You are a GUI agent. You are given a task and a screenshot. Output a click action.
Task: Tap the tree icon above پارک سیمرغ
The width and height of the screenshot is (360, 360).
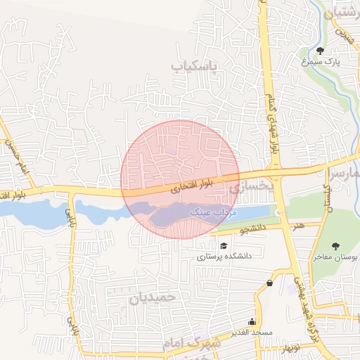[321, 50]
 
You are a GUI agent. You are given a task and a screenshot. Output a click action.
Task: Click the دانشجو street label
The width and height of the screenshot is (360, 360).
[253, 229]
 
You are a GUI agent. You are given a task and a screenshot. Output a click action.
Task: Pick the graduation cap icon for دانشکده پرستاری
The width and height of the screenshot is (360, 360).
[224, 245]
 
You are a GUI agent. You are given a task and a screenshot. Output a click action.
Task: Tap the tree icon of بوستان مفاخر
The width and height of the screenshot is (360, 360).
[335, 245]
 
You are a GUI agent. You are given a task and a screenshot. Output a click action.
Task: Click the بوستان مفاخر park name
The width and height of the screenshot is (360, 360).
[336, 258]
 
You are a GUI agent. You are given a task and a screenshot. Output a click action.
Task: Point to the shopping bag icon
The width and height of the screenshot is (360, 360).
[270, 283]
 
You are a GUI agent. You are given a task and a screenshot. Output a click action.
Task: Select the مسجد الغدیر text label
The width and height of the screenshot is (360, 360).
[253, 332]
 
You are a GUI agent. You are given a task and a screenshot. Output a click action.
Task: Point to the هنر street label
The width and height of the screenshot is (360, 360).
[300, 226]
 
